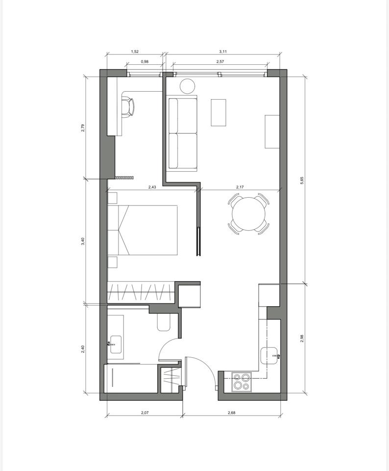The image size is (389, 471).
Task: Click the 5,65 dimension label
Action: point(302,180)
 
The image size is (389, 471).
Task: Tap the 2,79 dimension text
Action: point(83,128)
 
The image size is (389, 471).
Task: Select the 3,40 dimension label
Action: point(83,241)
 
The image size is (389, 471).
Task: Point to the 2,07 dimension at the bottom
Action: point(145,413)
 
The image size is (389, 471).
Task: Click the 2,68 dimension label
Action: point(232,413)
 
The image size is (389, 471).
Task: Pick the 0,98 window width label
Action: point(145,62)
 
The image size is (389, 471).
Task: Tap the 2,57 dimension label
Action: point(220,62)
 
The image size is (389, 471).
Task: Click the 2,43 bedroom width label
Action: point(152,187)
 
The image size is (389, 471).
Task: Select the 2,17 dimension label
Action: point(240,187)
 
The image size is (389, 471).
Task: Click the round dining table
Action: point(248,213)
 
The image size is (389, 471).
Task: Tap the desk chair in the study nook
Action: point(128,106)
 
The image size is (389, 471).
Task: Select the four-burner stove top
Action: point(242,382)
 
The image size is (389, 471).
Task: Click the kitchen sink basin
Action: point(269,356)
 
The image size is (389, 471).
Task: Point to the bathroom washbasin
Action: point(116,344)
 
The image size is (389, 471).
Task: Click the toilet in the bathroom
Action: point(164,323)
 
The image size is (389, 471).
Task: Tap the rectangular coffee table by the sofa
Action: point(219,113)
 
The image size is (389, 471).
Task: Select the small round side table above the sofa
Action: point(188,86)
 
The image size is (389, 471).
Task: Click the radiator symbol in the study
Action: point(124,178)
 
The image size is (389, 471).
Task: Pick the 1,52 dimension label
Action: point(135,52)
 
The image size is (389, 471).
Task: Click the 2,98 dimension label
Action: point(302,339)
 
